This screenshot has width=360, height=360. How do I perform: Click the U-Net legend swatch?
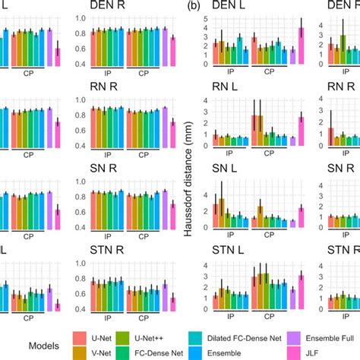pos(81,336)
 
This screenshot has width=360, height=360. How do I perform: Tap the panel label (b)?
pos(195,5)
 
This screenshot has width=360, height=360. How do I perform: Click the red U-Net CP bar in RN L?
pos(254,130)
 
